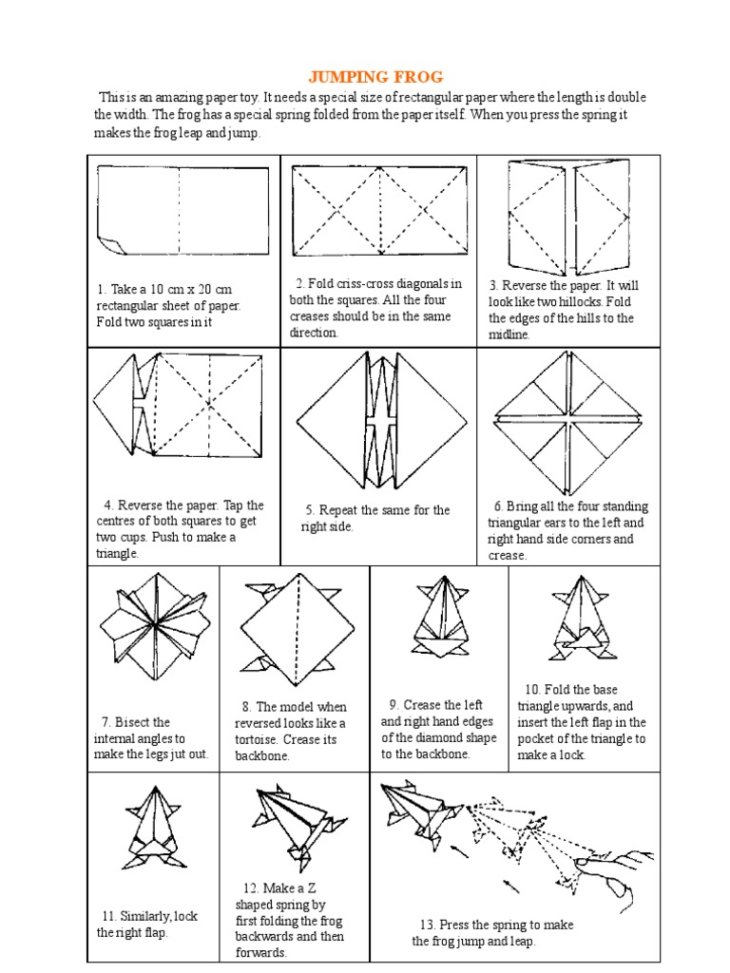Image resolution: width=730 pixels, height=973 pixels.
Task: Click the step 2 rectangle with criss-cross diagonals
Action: (x=380, y=210)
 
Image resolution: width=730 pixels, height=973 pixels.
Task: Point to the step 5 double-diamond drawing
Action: (x=380, y=419)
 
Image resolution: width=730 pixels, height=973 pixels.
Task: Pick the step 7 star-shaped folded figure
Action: (x=152, y=625)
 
